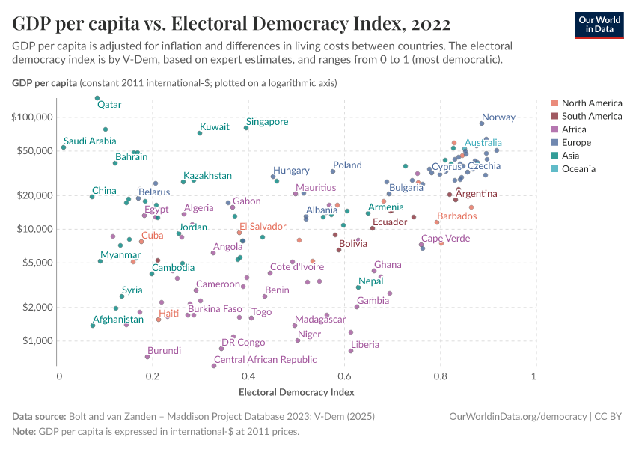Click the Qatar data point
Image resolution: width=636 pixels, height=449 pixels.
[x=97, y=98]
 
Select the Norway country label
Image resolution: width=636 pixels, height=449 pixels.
[x=498, y=117]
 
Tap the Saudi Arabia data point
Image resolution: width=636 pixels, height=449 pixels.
[x=64, y=147]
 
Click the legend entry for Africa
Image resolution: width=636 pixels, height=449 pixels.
[x=575, y=129]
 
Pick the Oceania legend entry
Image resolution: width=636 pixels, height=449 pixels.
[x=578, y=169]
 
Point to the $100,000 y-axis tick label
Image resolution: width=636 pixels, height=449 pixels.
[x=33, y=117]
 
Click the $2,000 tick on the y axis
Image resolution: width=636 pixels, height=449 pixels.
[x=38, y=308]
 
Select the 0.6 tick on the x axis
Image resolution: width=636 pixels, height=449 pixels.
[x=344, y=376]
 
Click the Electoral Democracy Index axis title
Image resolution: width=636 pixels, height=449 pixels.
[x=296, y=391]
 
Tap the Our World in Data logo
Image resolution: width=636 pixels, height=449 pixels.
[x=599, y=24]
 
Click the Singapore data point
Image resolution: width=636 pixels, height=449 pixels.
[x=246, y=128]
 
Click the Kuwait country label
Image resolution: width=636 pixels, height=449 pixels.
[x=215, y=127]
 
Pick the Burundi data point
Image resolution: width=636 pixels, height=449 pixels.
[x=147, y=357]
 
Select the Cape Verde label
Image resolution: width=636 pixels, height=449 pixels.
[x=445, y=239]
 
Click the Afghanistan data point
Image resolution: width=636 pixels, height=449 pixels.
[x=93, y=326]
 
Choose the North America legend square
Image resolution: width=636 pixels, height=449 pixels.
[x=554, y=103]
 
